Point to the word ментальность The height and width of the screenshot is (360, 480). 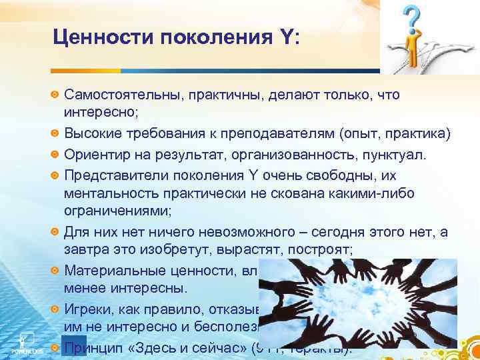(x=106, y=194)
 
